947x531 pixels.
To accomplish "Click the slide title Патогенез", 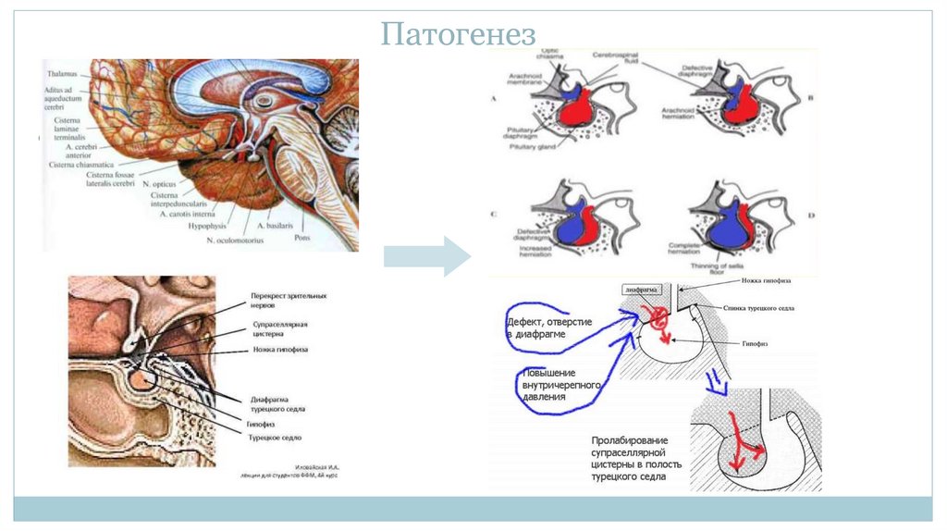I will (x=460, y=35).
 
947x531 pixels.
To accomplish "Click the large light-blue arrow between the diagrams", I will (x=427, y=256).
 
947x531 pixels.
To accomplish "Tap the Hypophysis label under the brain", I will (x=207, y=225).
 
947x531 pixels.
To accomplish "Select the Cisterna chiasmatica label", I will (x=85, y=165).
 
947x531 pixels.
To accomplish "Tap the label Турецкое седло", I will (x=276, y=437).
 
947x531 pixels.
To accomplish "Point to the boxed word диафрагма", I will (x=644, y=290).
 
